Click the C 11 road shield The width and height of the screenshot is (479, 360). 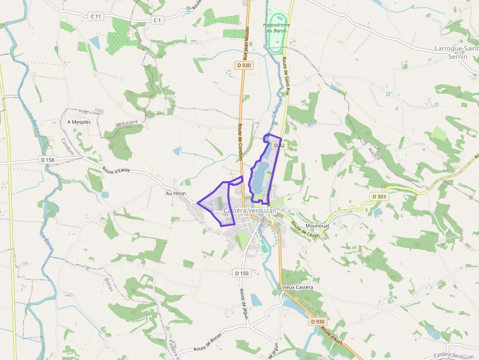tap(95, 16)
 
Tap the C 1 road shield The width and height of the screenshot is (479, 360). tap(156, 20)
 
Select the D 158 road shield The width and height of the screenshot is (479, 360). tap(48, 160)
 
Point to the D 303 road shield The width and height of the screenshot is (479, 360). tap(379, 196)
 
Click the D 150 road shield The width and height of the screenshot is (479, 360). tap(241, 273)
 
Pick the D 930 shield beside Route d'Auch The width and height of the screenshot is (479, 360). tap(317, 321)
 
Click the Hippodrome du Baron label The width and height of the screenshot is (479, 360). tap(277, 27)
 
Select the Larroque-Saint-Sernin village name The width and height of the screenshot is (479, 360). tap(457, 52)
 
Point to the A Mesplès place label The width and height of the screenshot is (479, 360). tap(79, 122)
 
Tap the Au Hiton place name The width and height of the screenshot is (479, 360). tap(176, 193)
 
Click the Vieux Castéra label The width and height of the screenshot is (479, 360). tap(297, 287)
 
